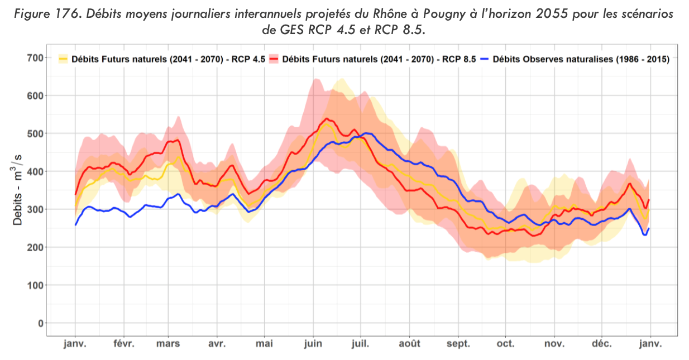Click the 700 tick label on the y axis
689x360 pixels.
click(35, 57)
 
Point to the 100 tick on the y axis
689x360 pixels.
click(35, 285)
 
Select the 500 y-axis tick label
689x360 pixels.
click(35, 133)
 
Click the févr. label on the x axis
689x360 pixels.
click(123, 344)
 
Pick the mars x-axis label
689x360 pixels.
click(168, 344)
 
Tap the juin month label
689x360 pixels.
click(313, 344)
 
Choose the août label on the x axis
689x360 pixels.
click(410, 344)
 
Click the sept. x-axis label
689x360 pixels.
click(458, 344)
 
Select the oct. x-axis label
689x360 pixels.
click(506, 344)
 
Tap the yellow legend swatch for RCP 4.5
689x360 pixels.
click(63, 58)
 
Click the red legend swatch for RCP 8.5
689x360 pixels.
click(274, 58)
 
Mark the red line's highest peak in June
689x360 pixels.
click(327, 118)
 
